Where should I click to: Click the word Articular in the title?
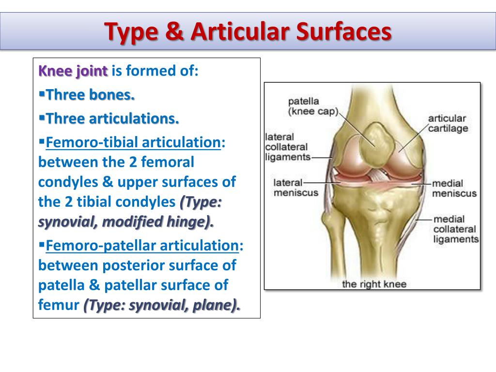point(240,31)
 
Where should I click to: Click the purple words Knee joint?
point(73,71)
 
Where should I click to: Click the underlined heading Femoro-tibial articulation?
point(133,142)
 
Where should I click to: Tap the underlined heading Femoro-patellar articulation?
point(142,246)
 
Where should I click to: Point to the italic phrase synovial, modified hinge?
point(124,222)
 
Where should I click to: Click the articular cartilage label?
point(448,124)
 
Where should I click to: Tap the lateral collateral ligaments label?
point(288,147)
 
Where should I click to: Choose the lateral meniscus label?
point(296,187)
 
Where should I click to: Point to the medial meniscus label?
point(454,188)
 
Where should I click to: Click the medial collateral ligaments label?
point(456,229)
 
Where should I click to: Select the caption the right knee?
point(374,284)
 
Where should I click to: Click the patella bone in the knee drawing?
point(378,144)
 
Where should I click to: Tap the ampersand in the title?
point(174,31)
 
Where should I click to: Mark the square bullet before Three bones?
point(42,93)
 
